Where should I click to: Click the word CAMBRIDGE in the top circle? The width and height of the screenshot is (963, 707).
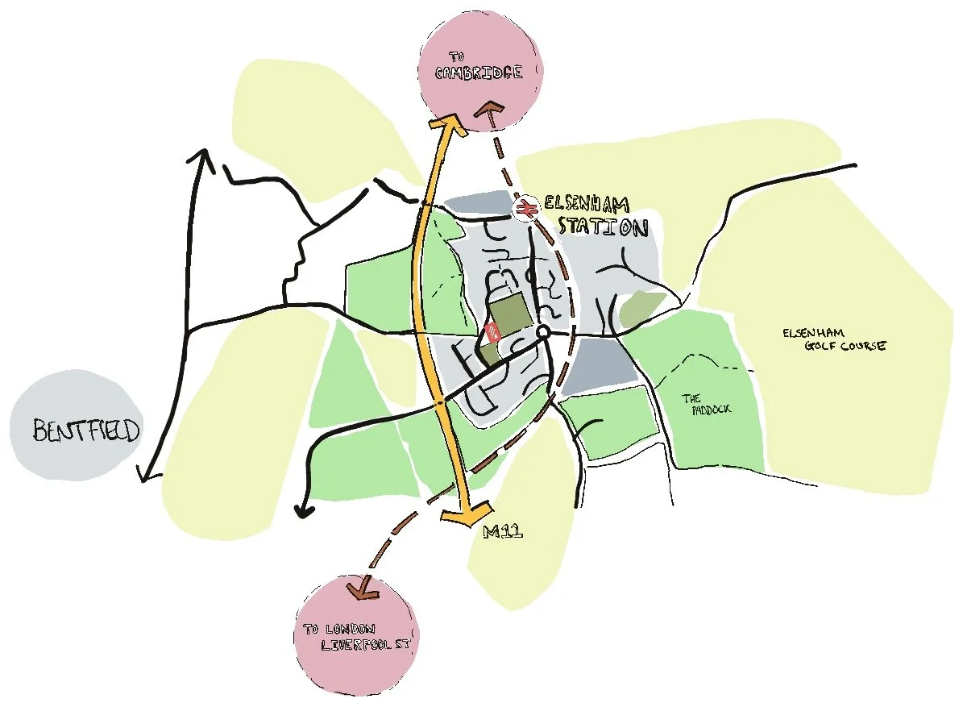pos(479,73)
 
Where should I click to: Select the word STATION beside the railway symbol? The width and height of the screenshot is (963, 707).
pos(603,227)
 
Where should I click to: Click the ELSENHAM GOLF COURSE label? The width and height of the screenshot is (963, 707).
pos(833,339)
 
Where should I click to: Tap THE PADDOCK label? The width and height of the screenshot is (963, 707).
pos(707,404)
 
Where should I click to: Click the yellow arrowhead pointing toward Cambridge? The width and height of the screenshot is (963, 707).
pos(446,125)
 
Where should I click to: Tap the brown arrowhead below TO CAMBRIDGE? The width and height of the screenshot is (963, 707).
pos(489,113)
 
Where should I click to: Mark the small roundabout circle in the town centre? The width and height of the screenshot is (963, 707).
pos(543,332)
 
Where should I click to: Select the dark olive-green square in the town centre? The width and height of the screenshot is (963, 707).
pos(510,312)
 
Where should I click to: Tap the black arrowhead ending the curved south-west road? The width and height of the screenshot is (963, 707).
pos(304,510)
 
